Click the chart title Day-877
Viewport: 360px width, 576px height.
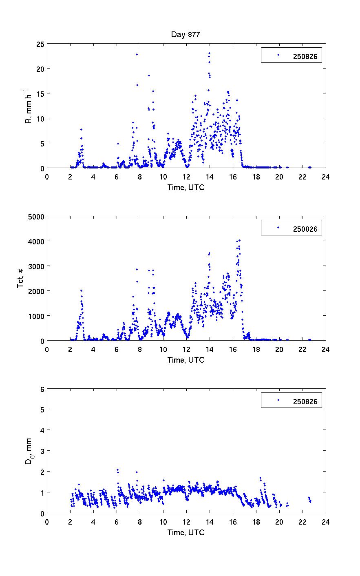[x=186, y=35]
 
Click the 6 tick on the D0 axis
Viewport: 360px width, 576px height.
[x=42, y=389]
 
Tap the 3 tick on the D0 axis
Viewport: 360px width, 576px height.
[x=42, y=451]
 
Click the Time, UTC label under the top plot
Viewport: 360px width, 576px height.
[x=186, y=187]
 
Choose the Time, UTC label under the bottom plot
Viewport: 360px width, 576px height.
[x=186, y=532]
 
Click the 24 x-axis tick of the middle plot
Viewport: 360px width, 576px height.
[x=325, y=349]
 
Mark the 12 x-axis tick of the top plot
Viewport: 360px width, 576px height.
[x=186, y=177]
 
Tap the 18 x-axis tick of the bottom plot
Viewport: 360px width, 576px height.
[x=256, y=522]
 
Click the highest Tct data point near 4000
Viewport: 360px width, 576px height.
[x=239, y=241]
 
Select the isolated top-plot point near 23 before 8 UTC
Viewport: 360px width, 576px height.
[x=137, y=54]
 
